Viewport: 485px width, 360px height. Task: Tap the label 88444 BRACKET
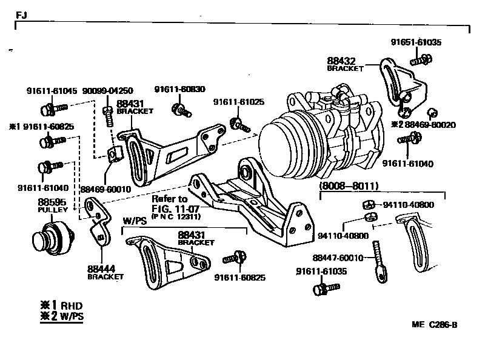pos(105,271)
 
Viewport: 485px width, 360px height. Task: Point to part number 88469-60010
pos(105,189)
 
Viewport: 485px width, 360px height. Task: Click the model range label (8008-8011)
pos(349,185)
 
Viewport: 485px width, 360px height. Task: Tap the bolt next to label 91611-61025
pos(241,125)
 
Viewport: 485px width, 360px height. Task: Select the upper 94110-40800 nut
pos(367,204)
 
